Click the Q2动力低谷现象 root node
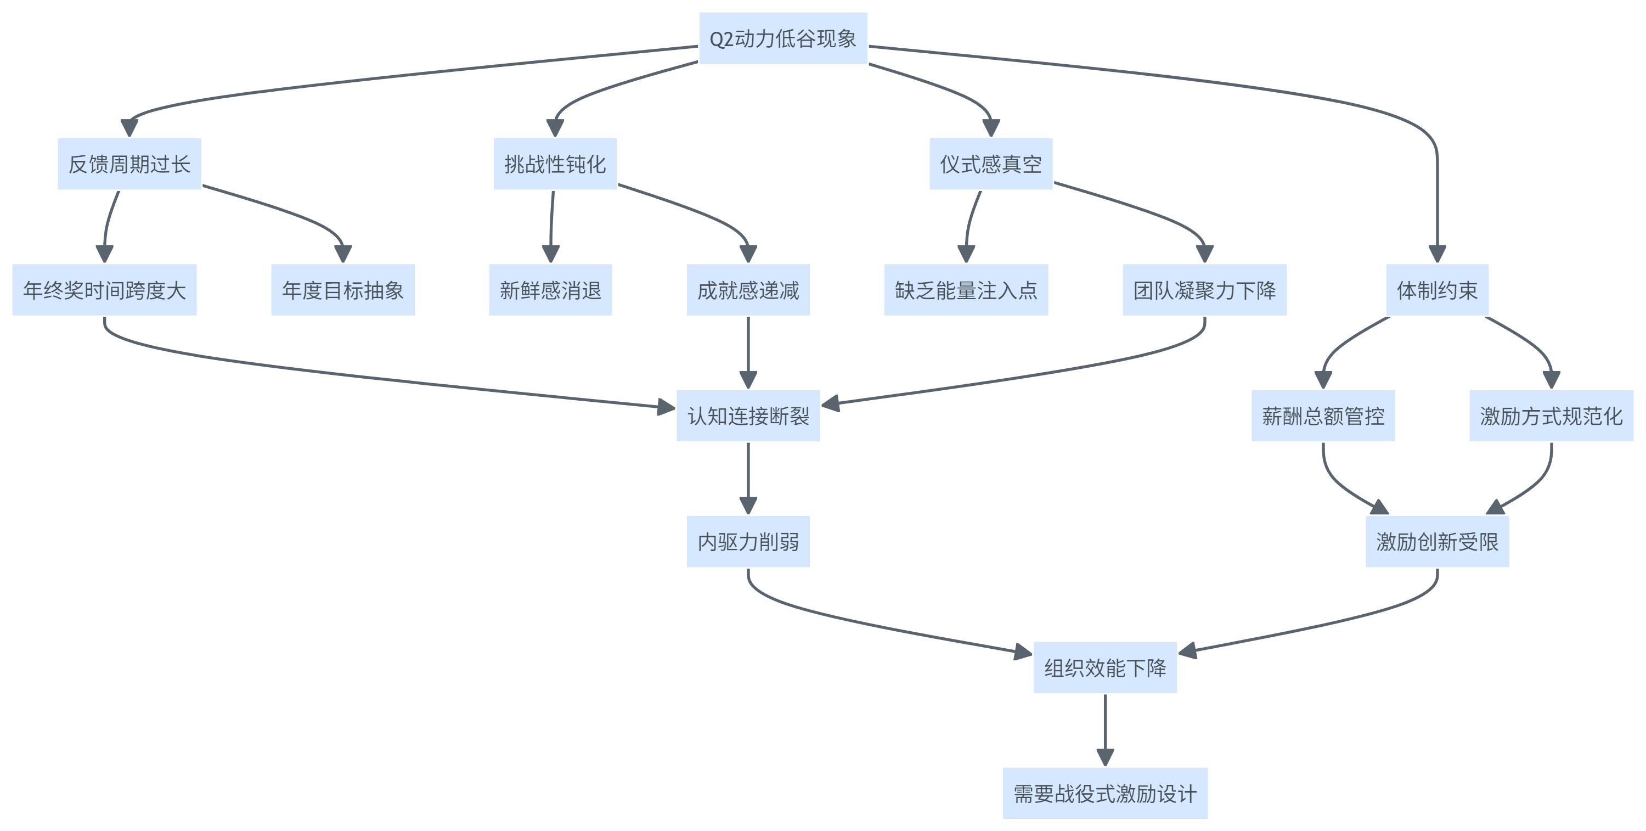pos(783,38)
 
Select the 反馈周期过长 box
pos(129,164)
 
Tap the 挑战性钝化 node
pos(555,164)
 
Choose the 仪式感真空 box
pos(990,164)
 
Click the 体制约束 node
pos(1437,290)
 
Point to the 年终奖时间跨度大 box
pos(104,290)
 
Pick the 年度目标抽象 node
pos(342,290)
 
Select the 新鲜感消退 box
pos(550,290)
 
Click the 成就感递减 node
pos(748,290)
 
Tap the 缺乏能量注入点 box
pos(966,290)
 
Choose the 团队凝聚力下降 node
pos(1204,290)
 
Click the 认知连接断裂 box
pos(748,416)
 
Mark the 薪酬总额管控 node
pos(1323,416)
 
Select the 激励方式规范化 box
pos(1551,416)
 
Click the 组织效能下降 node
pos(1105,668)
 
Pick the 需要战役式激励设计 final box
pos(1105,793)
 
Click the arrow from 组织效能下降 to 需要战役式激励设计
pos(1105,729)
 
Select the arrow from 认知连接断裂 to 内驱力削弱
pos(748,477)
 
